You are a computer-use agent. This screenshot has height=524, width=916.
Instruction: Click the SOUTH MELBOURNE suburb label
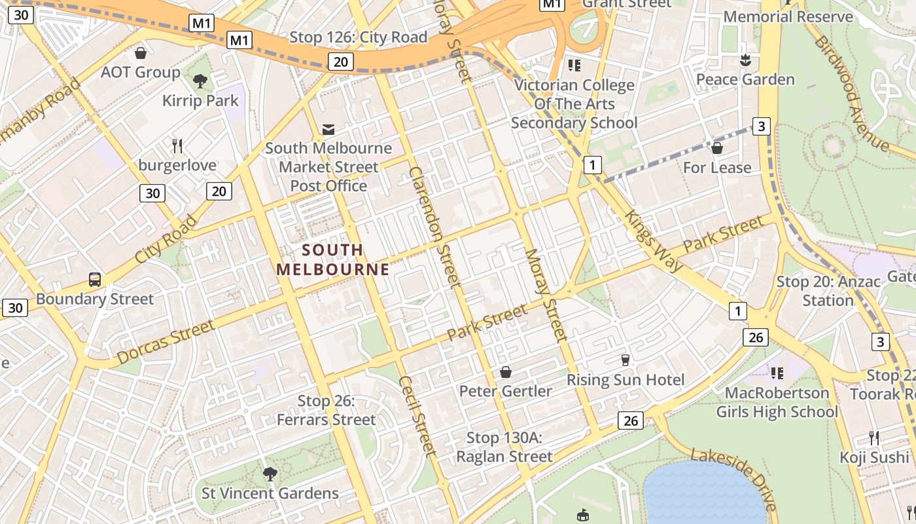332,259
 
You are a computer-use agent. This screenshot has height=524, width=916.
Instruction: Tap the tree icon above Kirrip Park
200,81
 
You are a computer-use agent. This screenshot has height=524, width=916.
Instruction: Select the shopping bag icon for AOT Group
140,53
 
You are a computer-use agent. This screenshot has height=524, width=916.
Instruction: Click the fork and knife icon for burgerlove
177,145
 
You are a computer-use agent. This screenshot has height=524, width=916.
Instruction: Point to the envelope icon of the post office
328,130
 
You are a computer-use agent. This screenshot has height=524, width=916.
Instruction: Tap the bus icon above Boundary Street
95,280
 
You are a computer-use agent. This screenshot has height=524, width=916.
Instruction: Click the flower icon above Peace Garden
745,61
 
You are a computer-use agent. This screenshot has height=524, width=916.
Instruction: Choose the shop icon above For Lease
717,148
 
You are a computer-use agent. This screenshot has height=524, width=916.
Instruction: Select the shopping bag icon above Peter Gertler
506,373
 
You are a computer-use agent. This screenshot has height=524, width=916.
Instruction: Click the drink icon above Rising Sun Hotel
625,360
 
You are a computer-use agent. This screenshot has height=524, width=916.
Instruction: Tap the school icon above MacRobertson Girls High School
777,373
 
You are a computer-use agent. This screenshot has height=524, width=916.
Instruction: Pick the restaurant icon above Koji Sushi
874,438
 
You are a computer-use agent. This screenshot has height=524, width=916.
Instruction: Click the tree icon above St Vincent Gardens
269,474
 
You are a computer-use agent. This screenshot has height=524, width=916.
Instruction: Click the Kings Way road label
653,240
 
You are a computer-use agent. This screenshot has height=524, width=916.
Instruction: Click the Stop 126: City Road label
358,37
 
